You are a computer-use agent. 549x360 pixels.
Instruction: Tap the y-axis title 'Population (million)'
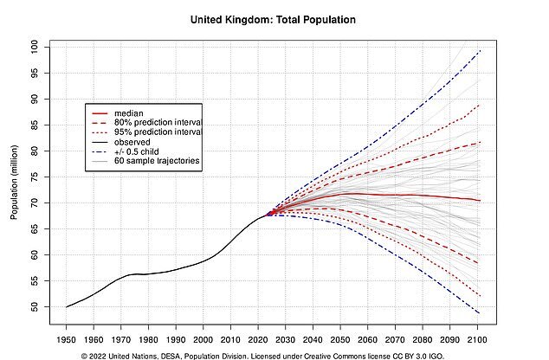click(x=14, y=177)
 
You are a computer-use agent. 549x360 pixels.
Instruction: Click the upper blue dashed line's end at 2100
click(x=480, y=51)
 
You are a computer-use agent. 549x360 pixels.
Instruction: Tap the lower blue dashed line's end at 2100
click(x=480, y=313)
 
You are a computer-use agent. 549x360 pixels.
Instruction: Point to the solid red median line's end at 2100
click(x=480, y=201)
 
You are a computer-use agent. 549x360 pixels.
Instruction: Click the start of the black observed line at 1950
click(x=66, y=306)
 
